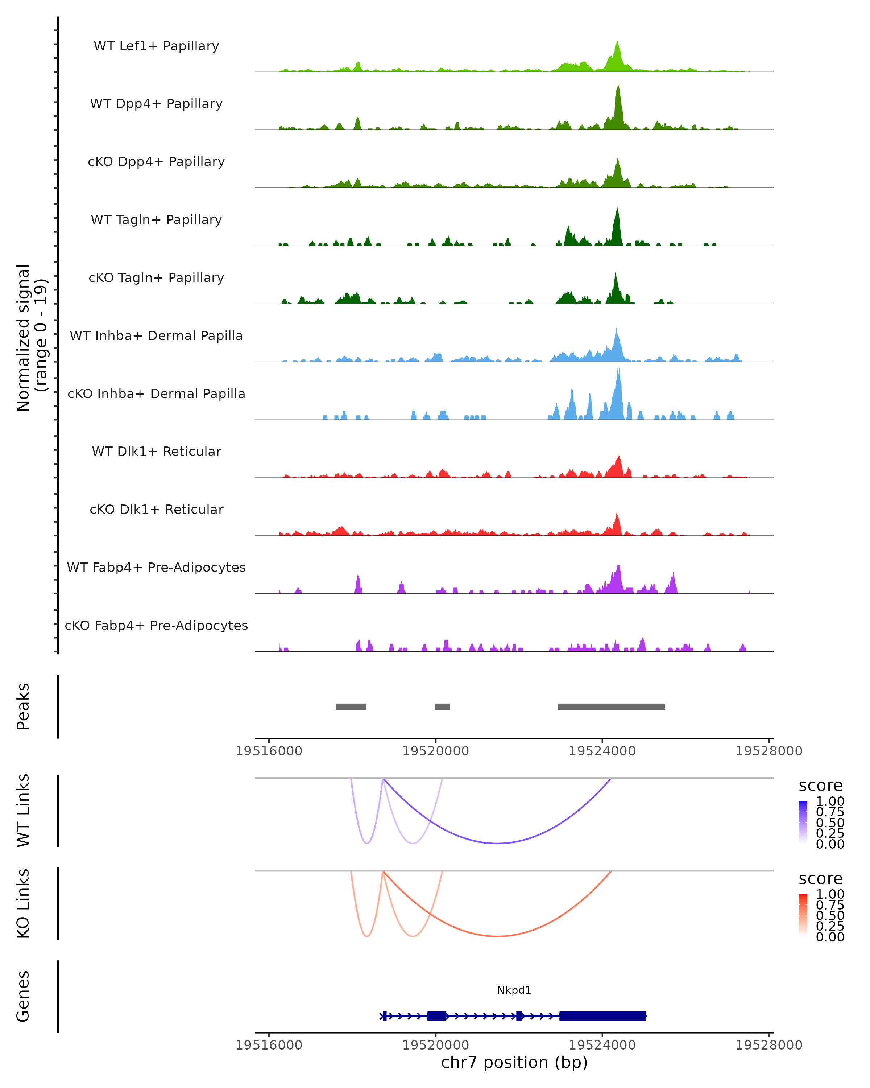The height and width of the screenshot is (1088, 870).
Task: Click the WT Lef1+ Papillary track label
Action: pos(156,46)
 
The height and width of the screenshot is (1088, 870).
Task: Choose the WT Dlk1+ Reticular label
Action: pos(156,451)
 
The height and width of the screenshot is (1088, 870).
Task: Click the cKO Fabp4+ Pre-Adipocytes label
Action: pos(156,625)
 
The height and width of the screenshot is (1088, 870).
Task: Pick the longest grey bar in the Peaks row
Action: pos(611,706)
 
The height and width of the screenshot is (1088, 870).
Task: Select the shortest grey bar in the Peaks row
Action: pos(442,706)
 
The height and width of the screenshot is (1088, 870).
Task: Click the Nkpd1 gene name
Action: pos(514,990)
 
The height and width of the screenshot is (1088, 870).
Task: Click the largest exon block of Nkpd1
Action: pos(603,1016)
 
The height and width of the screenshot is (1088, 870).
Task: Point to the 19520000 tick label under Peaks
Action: pos(436,751)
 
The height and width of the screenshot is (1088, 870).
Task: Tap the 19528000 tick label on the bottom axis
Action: pos(768,1045)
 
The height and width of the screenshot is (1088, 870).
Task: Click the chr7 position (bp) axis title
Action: pos(514,1062)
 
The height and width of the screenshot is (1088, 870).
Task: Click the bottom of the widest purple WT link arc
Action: pos(497,843)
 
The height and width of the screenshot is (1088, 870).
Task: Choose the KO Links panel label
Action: pos(23,903)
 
